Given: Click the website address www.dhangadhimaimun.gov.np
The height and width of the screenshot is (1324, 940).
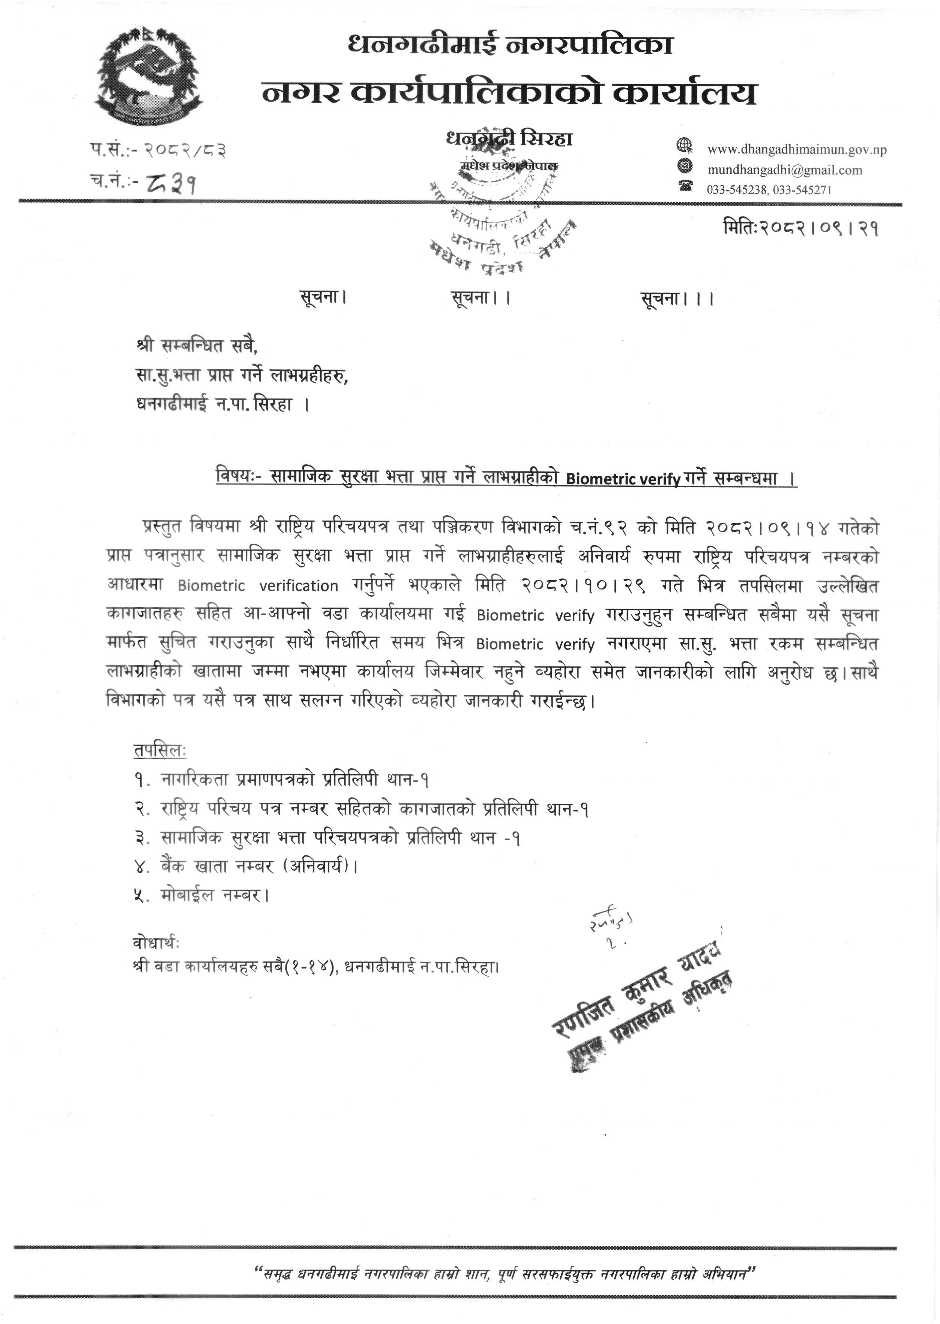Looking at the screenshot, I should [x=796, y=149].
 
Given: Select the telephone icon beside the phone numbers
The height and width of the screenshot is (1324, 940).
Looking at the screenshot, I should [x=686, y=186].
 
